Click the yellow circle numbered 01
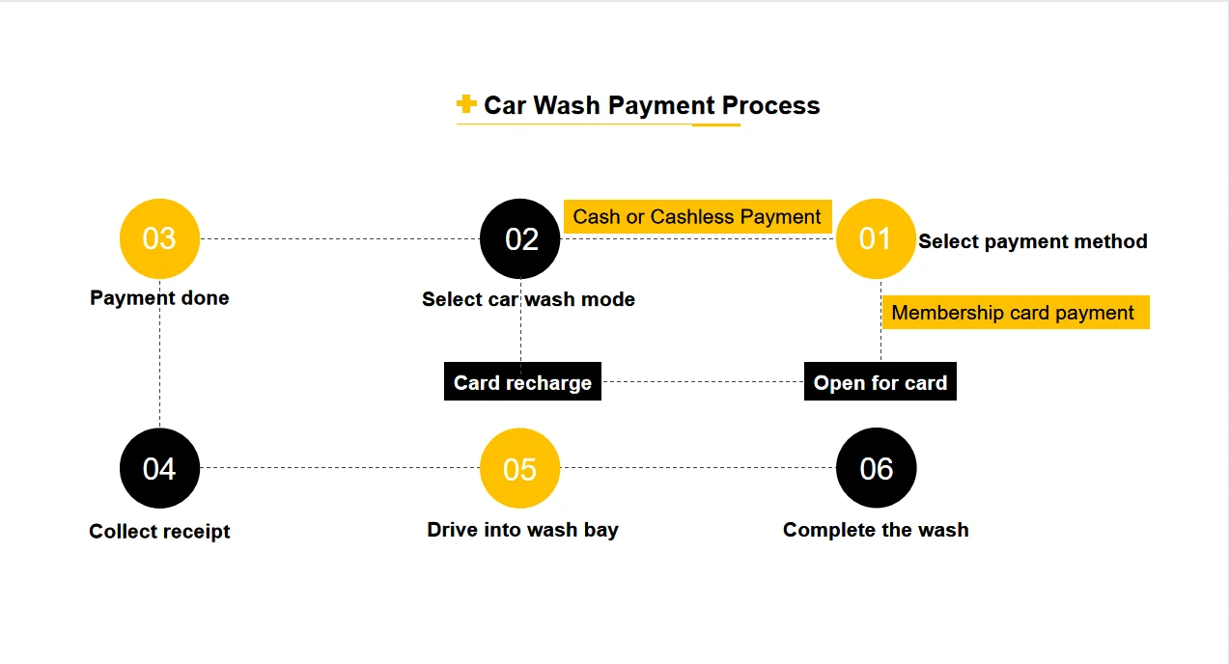[x=875, y=238]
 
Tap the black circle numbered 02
[x=520, y=238]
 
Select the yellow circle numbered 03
[x=159, y=238]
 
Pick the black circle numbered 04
[x=159, y=468]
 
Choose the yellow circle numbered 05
[x=519, y=468]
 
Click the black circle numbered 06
[x=876, y=468]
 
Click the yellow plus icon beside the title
[x=466, y=104]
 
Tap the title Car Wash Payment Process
[x=652, y=105]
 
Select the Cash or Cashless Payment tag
[x=697, y=217]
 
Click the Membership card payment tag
[x=1014, y=313]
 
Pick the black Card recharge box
[x=522, y=382]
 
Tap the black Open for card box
[x=880, y=382]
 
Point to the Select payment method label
[x=1033, y=241]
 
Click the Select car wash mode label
[x=528, y=299]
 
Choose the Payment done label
[x=159, y=297]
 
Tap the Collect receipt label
[x=159, y=531]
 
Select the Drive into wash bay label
[x=522, y=529]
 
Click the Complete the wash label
[x=876, y=529]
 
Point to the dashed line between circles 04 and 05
[x=338, y=467]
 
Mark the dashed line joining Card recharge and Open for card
[x=703, y=381]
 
